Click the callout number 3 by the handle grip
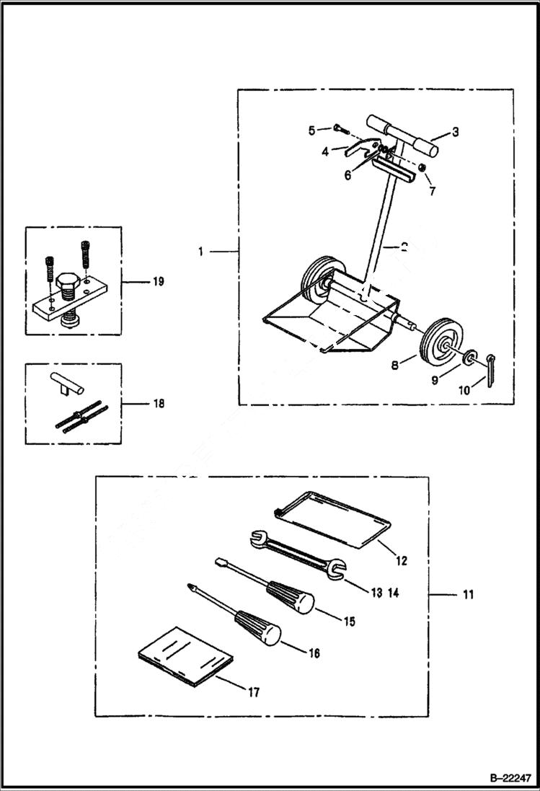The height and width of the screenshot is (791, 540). pos(455,132)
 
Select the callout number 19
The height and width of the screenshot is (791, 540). pos(158,281)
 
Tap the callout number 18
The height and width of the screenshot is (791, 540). pos(158,404)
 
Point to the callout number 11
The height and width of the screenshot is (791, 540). pos(469,595)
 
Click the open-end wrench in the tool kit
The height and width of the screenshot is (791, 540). pos(296,553)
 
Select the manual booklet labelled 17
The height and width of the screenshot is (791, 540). pos(186,656)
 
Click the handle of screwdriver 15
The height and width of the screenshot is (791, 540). pos(292,596)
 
